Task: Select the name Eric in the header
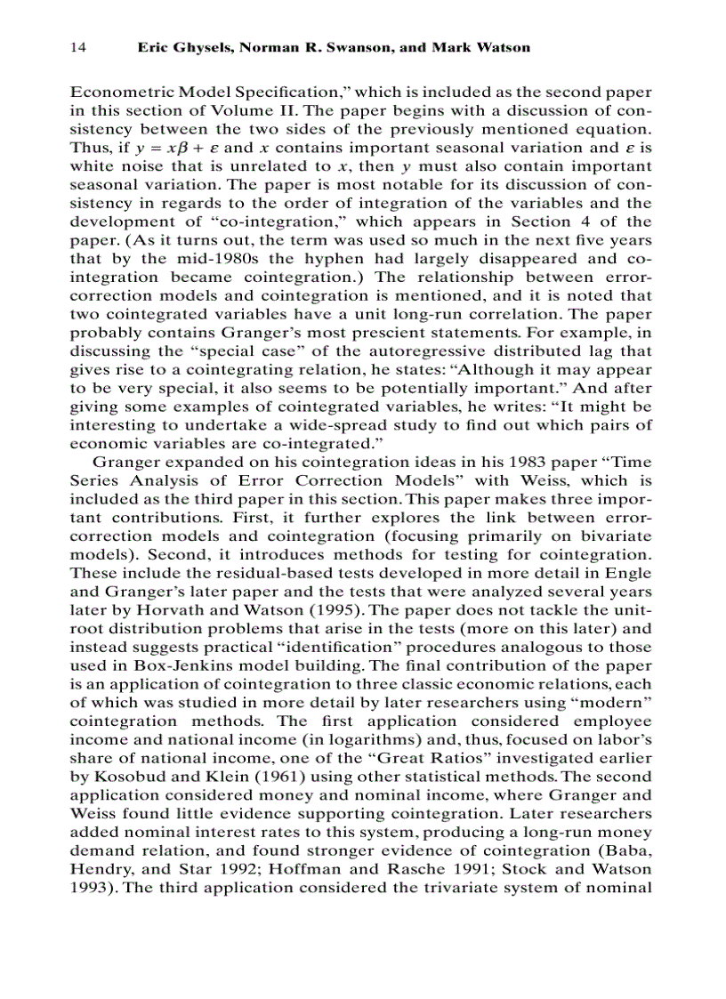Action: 153,47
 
